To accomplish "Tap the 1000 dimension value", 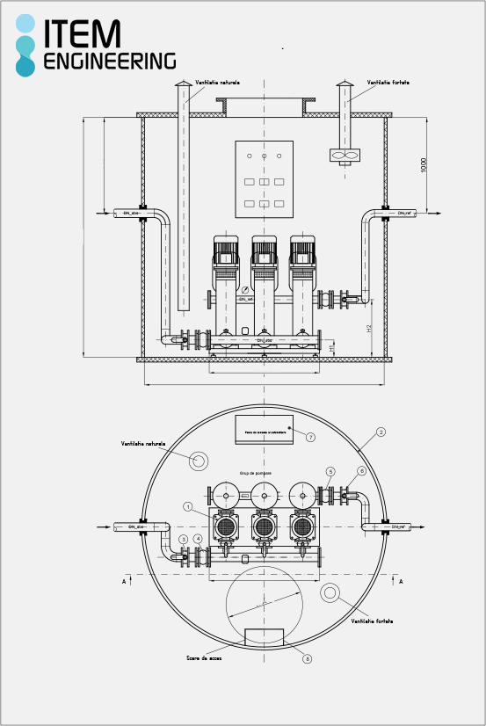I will tap(423, 165).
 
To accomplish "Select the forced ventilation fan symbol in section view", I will tap(345, 156).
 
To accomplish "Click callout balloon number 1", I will tap(188, 506).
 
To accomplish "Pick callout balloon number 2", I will tap(381, 432).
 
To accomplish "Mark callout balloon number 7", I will tap(310, 437).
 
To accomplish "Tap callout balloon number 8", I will tap(306, 657).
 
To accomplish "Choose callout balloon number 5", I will tap(330, 472).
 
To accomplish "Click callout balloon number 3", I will tap(183, 539).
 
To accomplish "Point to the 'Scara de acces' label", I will tap(204, 657).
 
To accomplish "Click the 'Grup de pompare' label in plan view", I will tap(256, 473).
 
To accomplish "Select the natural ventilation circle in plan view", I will tap(199, 461).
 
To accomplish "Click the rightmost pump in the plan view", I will tap(302, 527).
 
